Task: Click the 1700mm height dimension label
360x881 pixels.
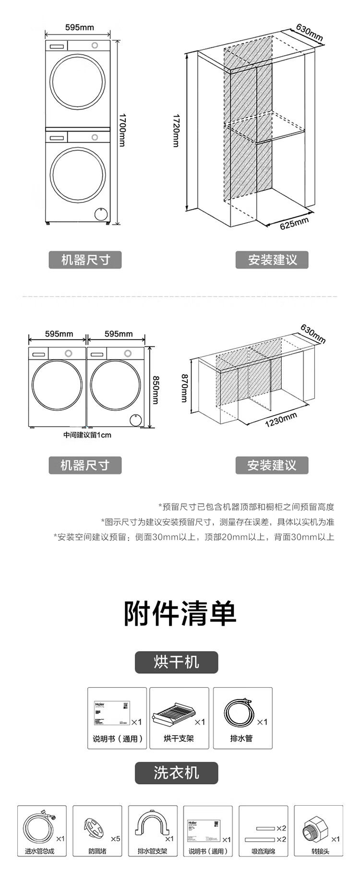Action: pos(122,130)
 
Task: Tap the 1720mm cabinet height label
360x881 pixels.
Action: pos(176,131)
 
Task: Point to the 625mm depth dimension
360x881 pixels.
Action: pos(294,224)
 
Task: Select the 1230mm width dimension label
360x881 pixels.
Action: pos(281,420)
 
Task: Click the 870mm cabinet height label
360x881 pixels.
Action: pos(184,388)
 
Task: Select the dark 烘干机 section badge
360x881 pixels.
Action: pos(176,662)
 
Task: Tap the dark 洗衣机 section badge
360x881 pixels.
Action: pos(176,773)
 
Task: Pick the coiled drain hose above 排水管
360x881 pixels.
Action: pos(238,714)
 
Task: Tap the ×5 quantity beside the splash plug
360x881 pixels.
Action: pos(115,839)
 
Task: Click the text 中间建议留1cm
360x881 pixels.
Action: pos(87,435)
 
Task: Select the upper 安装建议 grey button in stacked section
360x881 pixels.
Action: pos(272,260)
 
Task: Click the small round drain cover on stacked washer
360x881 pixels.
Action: pos(101,213)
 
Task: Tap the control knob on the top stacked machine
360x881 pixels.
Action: pos(95,45)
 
